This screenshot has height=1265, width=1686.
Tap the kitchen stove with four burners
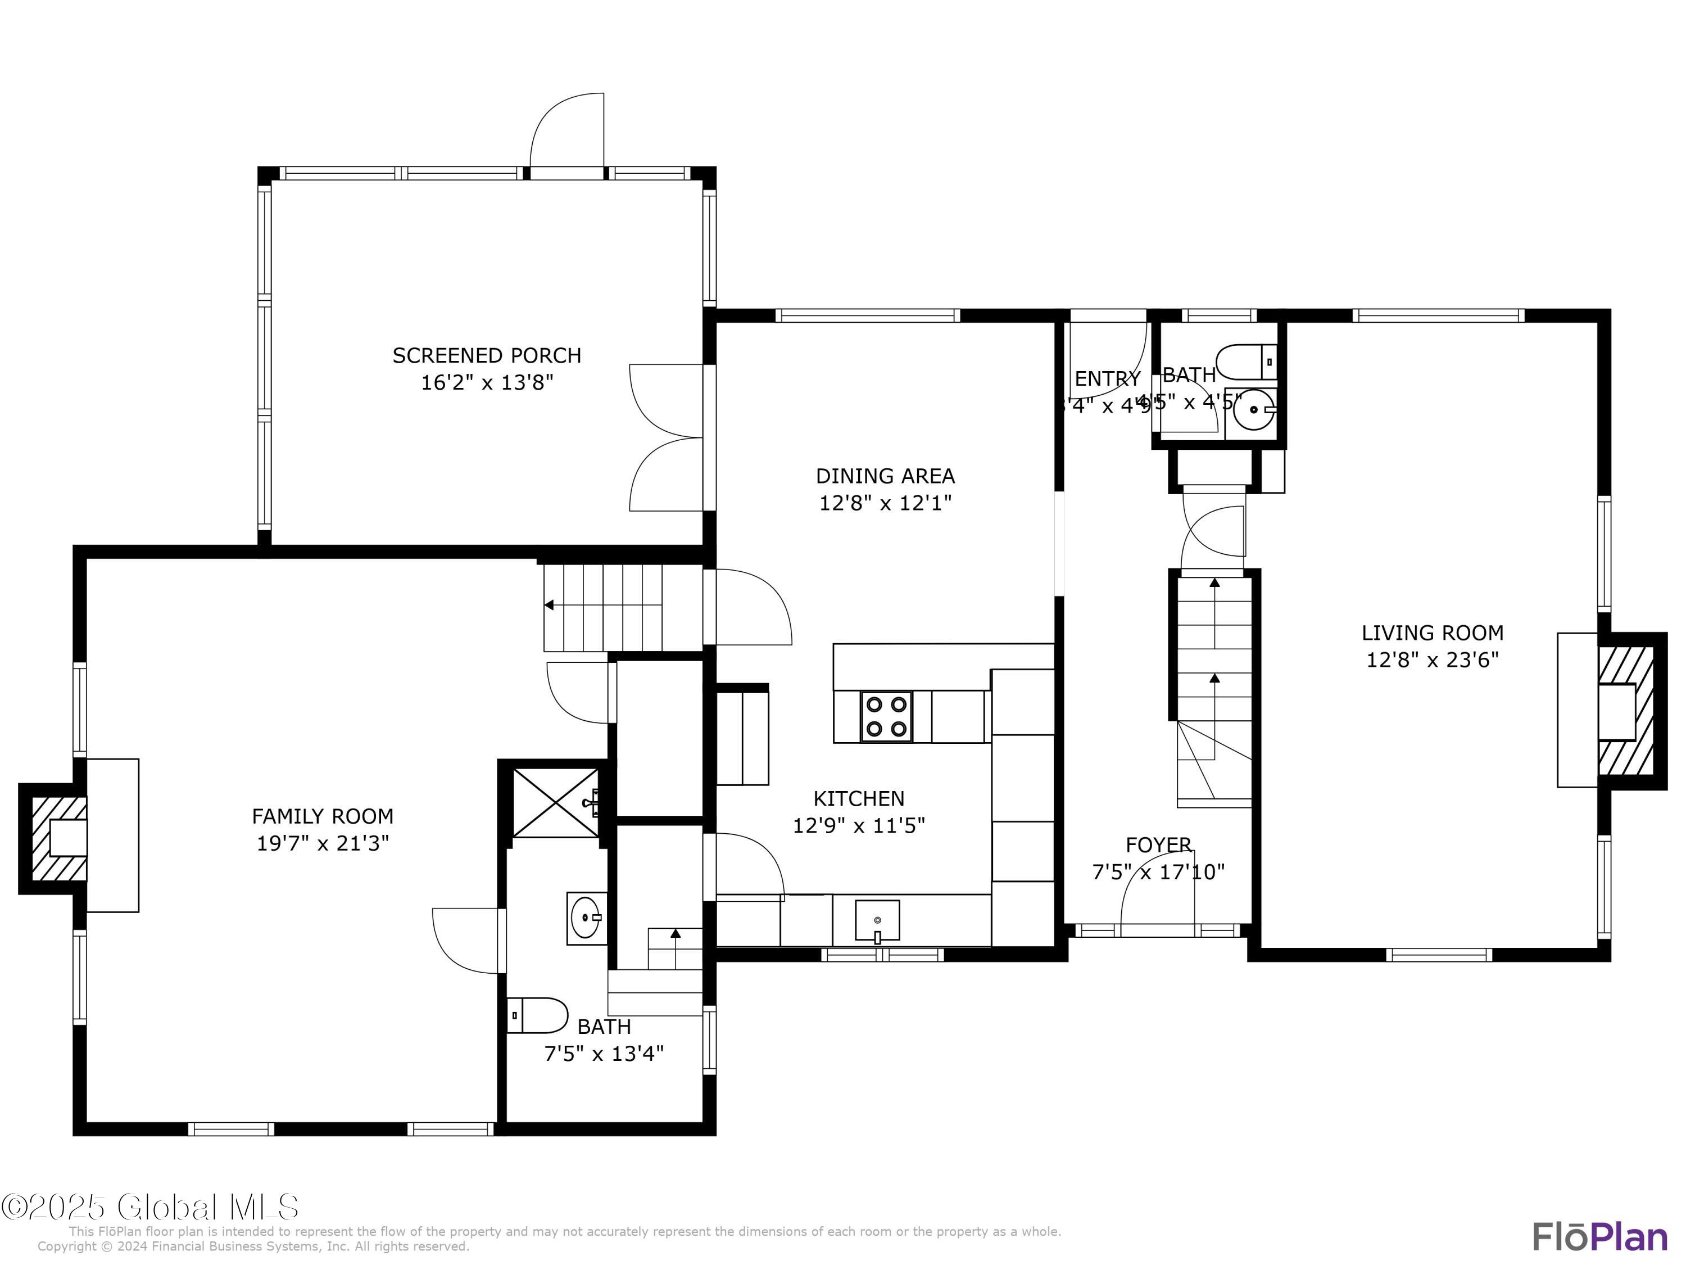click(886, 717)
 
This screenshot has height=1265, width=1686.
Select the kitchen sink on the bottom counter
click(877, 921)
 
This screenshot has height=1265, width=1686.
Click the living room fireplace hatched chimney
click(1626, 711)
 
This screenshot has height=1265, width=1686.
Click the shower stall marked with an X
click(556, 803)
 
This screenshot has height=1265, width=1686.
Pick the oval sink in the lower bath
click(587, 918)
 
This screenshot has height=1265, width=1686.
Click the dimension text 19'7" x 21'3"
click(323, 843)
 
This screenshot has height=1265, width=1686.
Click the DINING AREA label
click(885, 476)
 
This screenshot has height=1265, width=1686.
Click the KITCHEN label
click(859, 798)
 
